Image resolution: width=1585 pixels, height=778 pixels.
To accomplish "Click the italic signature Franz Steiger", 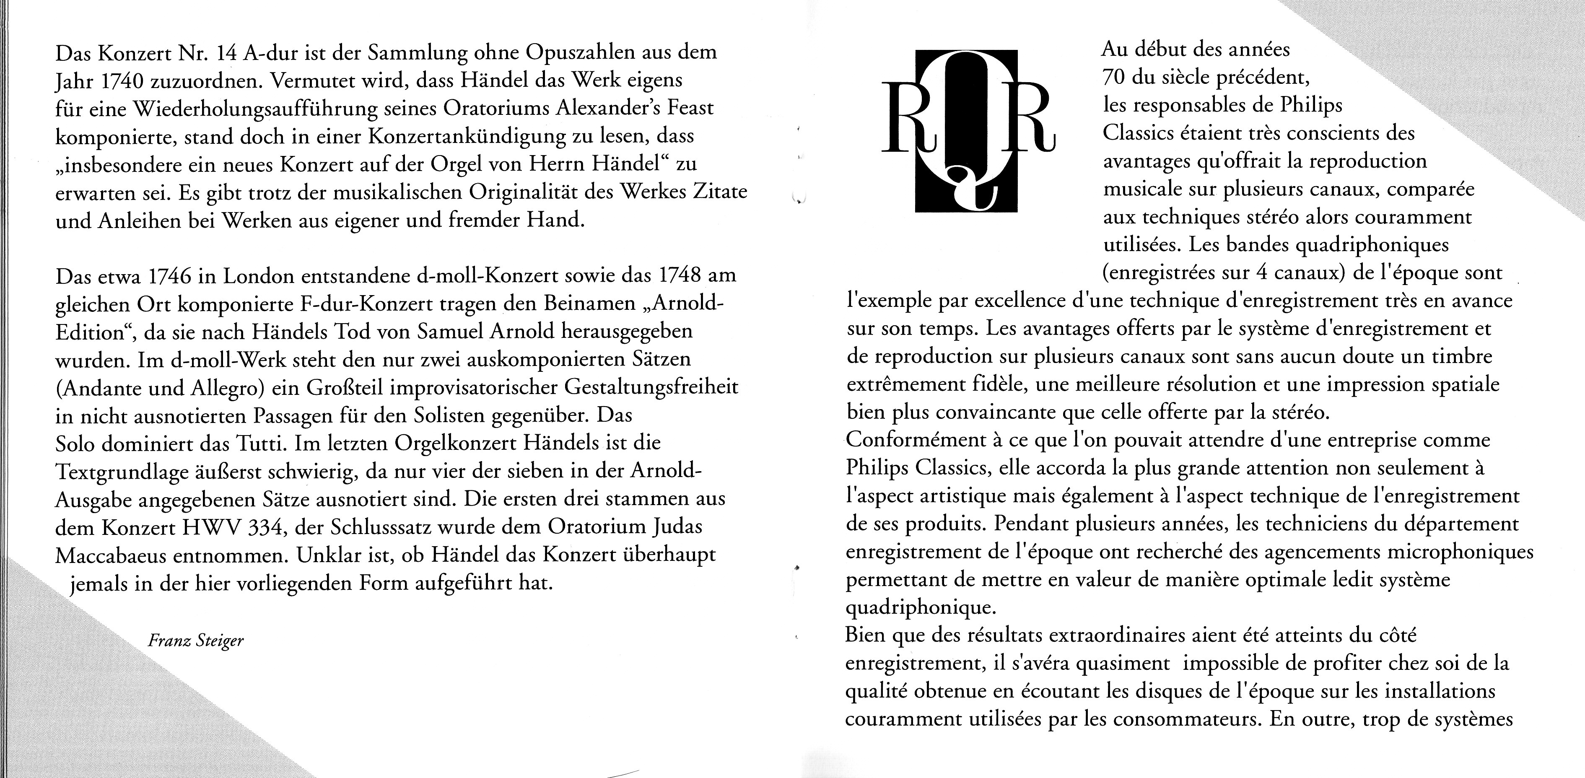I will (196, 641).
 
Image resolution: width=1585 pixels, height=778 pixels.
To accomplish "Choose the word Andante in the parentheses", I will (95, 388).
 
